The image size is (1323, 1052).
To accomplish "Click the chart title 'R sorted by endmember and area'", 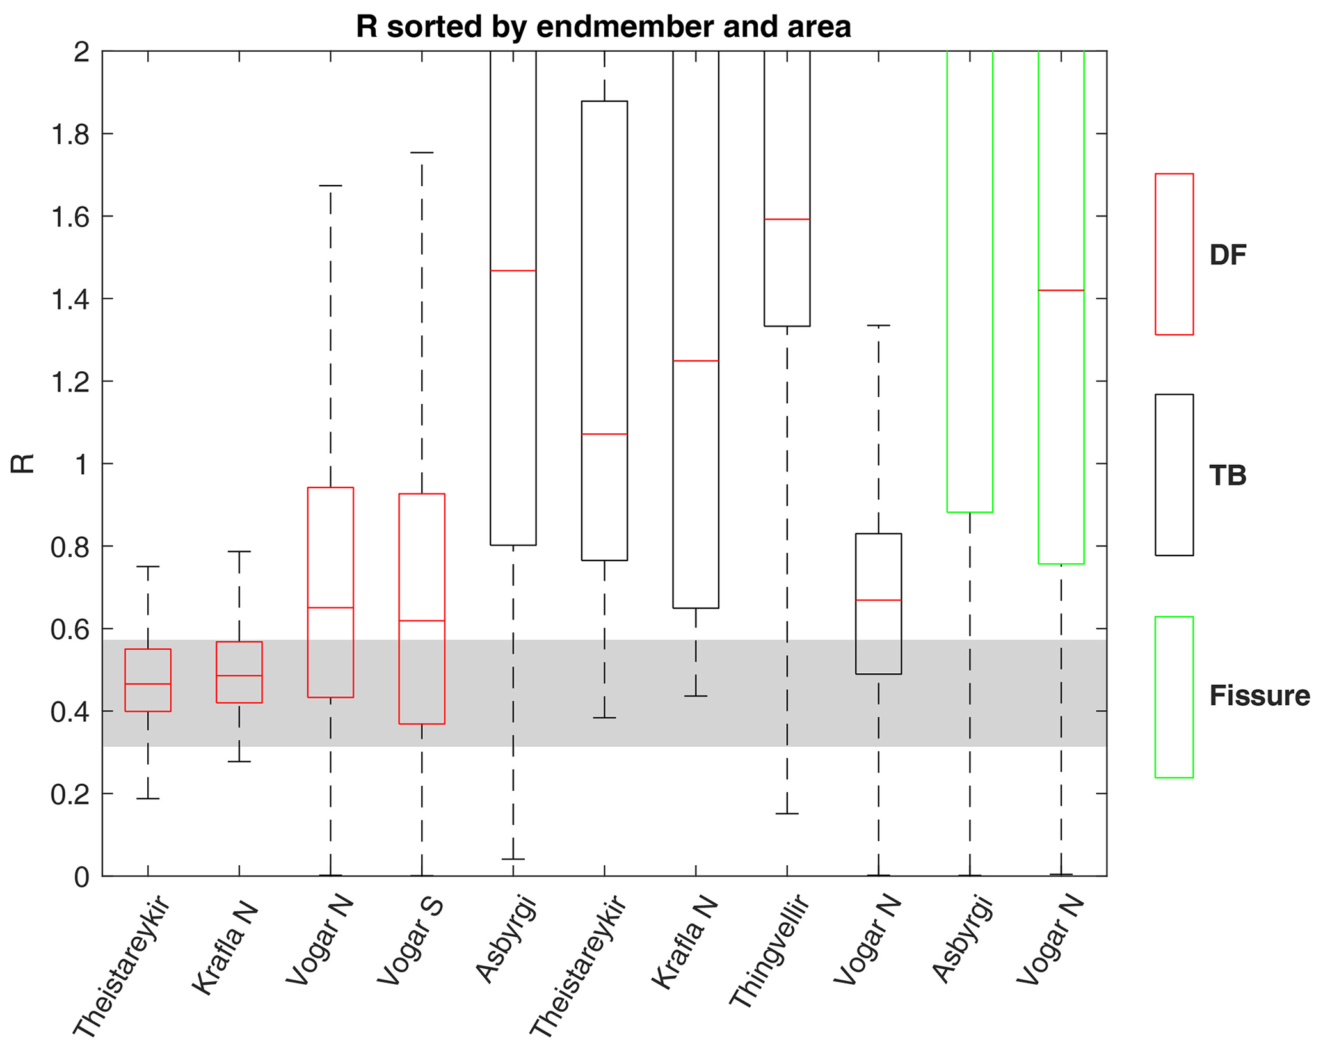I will coord(603,27).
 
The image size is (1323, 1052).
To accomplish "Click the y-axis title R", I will coord(23,463).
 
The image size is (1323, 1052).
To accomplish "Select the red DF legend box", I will coord(1173,254).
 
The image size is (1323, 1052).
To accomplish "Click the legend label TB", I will coord(1227,475).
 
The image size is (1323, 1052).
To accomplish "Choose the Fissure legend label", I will coord(1259,696).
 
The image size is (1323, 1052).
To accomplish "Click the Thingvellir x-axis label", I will coord(769,953).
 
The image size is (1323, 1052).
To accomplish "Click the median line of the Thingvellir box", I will coord(787,219).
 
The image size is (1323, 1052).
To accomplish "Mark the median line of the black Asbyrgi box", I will coord(513,271).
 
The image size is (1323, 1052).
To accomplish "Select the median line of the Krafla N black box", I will coord(696,361).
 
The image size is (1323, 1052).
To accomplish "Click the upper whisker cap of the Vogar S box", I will coord(422,153).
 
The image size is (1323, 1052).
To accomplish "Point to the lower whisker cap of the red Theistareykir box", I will coord(148,799).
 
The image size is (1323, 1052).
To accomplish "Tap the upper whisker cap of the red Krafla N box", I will coord(239,551).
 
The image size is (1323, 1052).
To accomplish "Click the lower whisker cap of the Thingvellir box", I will coord(787,813).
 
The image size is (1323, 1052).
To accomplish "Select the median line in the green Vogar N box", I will coord(1061,291).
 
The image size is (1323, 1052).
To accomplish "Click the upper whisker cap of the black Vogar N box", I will coord(878,326).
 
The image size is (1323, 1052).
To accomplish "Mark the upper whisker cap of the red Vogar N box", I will coord(330,186).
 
